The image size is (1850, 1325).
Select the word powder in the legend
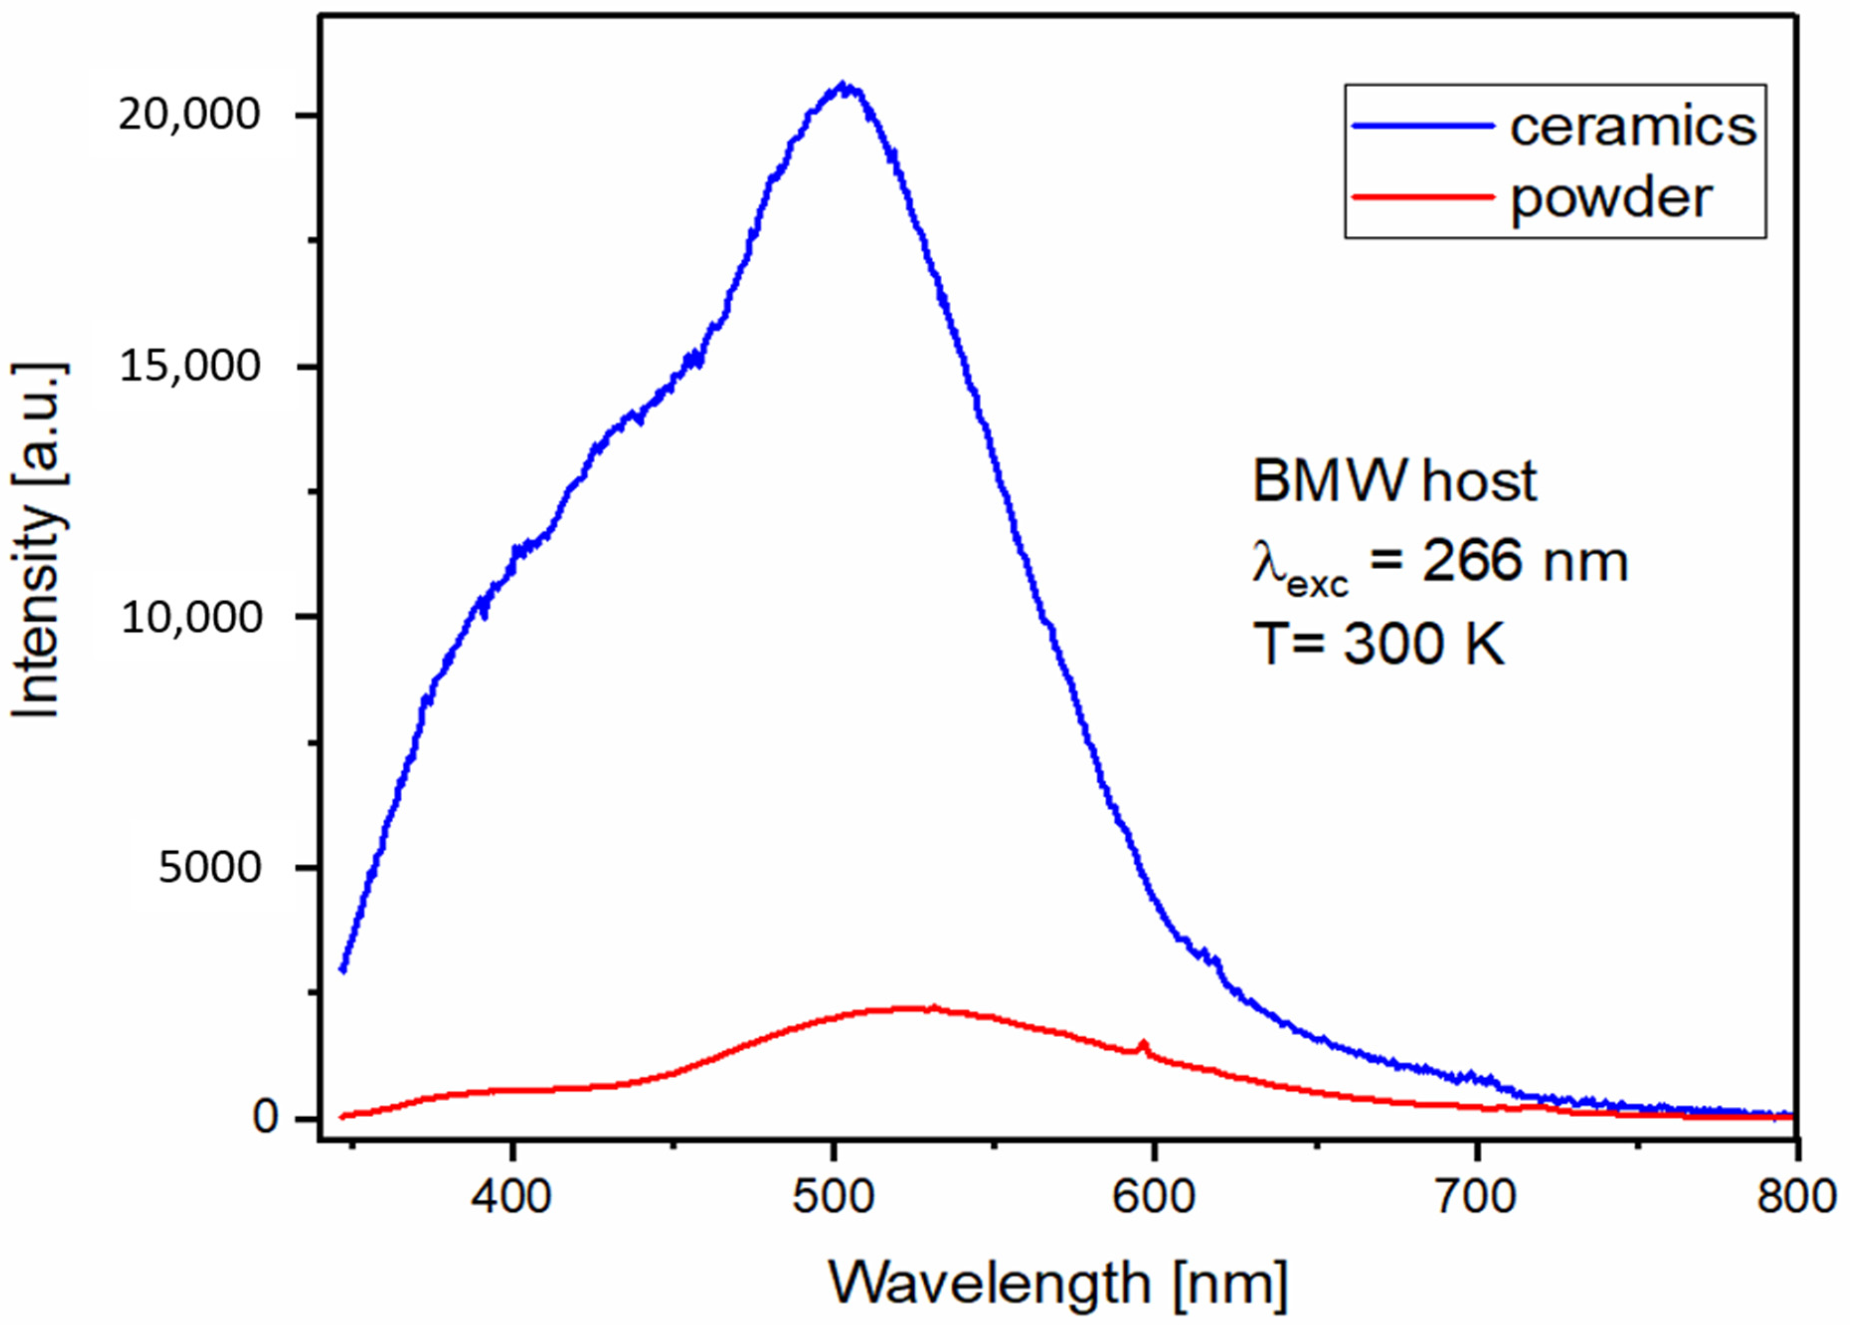tap(1610, 198)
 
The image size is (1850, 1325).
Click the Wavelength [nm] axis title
tap(1058, 1283)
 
